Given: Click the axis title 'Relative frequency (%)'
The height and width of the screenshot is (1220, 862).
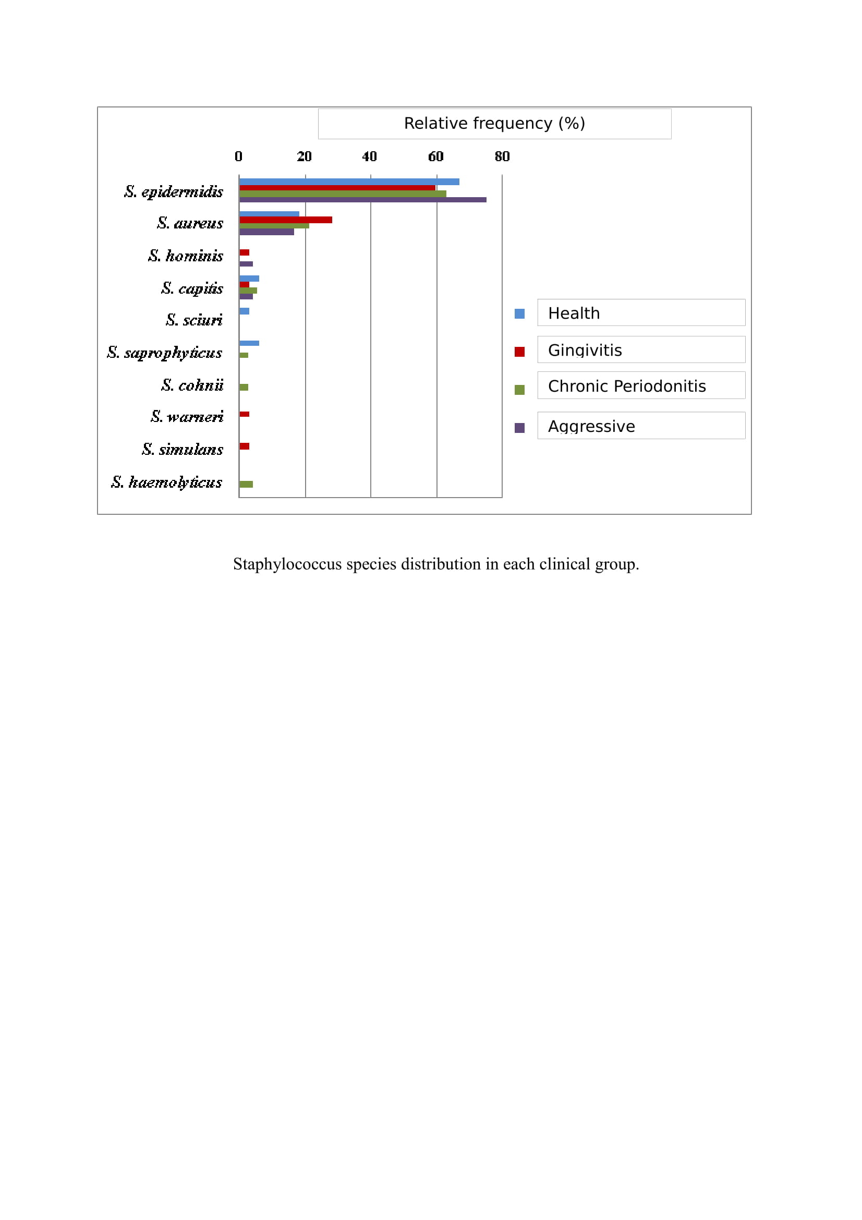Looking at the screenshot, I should point(494,123).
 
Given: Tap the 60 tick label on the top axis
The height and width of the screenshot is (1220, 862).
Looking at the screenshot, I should point(435,156).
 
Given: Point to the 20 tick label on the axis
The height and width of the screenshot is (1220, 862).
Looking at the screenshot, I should point(305,156).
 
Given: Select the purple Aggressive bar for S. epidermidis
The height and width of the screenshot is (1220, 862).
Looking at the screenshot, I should point(363,200).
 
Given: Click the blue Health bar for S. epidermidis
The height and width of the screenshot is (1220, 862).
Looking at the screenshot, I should point(349,182).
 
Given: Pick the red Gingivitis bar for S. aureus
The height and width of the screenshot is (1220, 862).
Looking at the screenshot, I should point(286,220).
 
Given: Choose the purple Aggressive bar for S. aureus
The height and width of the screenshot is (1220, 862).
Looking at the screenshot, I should point(266,232).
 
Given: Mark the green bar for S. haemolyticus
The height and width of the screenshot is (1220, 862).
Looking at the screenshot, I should point(246,484).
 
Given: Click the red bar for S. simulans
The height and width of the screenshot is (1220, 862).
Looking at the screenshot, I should point(245,446).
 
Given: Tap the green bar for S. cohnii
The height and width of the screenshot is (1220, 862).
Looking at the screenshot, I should point(244,387).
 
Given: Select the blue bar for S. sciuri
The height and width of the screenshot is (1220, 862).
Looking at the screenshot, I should point(245,311).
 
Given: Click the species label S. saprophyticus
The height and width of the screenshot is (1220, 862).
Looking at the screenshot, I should point(165,352).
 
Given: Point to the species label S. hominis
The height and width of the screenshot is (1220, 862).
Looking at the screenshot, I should point(185,256).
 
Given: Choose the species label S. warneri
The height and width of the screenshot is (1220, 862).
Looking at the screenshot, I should point(187,416).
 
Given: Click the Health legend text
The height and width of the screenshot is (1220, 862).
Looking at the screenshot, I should point(574,313).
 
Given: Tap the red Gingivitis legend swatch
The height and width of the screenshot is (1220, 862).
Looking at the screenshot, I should point(519,352).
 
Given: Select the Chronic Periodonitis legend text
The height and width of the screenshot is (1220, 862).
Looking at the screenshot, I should point(627,386).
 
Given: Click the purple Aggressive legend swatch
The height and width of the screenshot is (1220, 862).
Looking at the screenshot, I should point(519,428).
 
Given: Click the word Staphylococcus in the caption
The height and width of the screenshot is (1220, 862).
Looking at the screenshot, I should point(287,564).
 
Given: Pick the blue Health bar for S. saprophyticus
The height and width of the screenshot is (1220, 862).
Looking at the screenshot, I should point(249,343).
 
